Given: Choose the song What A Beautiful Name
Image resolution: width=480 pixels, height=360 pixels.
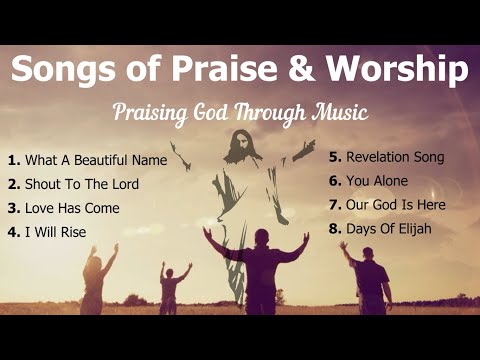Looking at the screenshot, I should [89, 160].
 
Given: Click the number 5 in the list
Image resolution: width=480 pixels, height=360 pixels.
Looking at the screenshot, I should [335, 157].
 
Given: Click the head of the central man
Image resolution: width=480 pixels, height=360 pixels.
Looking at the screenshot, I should [260, 237].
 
